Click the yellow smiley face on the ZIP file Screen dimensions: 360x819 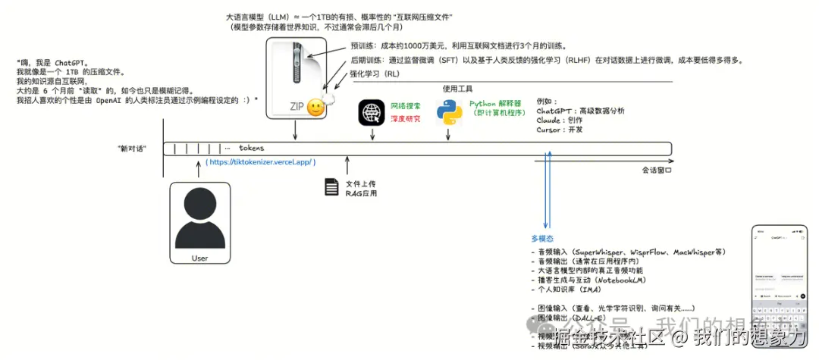click(316, 108)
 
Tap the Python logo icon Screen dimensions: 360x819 click(449, 112)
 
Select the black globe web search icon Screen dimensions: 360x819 click(372, 112)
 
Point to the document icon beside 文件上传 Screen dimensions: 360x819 click(331, 187)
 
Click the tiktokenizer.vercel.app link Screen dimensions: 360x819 click(260, 162)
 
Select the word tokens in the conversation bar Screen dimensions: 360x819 click(251, 148)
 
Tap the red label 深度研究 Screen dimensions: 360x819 click(406, 118)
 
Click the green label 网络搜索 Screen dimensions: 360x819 click(406, 106)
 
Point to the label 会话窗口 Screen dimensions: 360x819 click(657, 170)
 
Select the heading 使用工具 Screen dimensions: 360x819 click(457, 89)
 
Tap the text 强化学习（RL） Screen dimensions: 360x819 click(374, 74)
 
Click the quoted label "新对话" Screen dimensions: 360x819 click(132, 148)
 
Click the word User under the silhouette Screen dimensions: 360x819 click(199, 258)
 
